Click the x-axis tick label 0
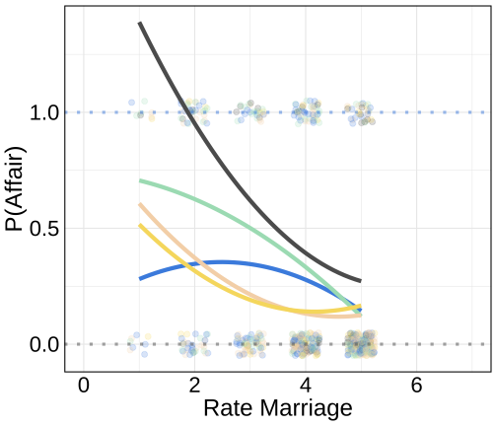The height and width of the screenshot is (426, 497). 84,386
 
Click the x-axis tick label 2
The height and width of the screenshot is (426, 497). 194,386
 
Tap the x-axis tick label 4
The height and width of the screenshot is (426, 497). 306,386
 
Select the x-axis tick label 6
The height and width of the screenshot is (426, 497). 416,386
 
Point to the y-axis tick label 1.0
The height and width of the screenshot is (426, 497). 44,112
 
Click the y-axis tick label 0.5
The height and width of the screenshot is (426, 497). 44,229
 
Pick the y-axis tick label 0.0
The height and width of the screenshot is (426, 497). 44,344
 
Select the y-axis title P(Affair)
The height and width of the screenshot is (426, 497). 15,189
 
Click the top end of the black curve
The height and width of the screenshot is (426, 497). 140,23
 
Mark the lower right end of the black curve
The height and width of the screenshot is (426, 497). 361,281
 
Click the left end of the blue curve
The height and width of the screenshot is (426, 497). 140,279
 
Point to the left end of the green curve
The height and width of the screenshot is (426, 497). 140,180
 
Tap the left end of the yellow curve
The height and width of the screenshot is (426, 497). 140,226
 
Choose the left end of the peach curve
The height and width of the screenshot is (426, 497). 140,204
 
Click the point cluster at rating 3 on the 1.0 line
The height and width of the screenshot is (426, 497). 250,112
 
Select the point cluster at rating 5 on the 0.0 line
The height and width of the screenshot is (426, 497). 361,344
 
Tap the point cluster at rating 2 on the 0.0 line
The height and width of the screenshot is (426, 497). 194,344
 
